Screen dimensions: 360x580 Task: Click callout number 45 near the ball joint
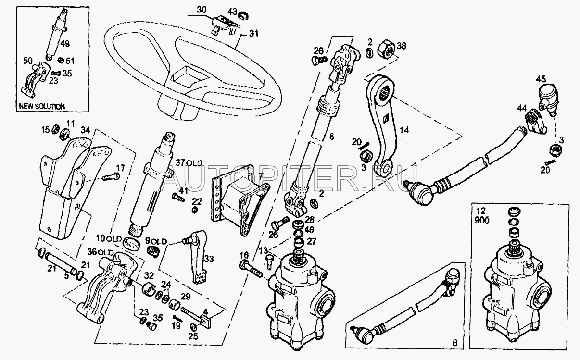541,79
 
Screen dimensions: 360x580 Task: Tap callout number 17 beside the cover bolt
120,168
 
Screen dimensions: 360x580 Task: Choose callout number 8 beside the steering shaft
331,136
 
